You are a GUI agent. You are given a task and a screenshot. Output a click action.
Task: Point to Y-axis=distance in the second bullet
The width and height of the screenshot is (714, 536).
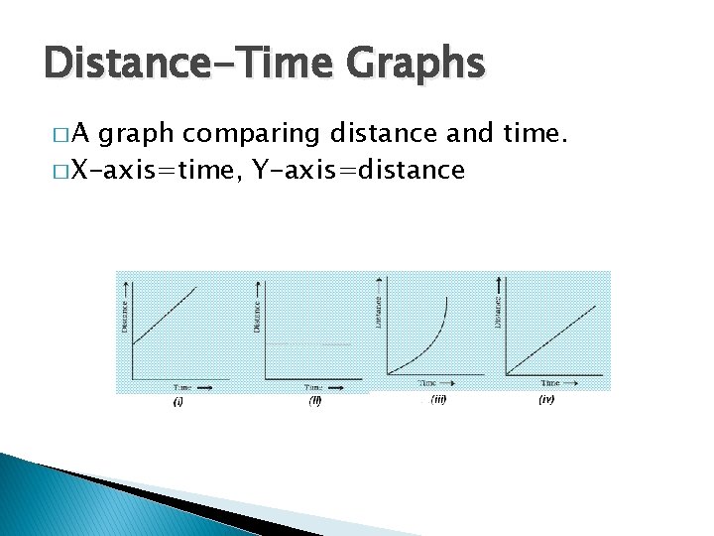pyautogui.click(x=359, y=171)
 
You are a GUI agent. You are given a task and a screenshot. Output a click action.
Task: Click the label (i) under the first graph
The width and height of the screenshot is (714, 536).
pyautogui.click(x=178, y=401)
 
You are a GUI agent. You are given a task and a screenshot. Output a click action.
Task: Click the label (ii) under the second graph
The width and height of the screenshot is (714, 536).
pyautogui.click(x=314, y=401)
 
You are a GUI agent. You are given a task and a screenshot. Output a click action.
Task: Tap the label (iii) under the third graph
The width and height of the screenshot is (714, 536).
pyautogui.click(x=437, y=399)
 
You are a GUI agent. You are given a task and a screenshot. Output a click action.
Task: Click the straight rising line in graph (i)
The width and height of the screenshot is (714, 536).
pyautogui.click(x=165, y=314)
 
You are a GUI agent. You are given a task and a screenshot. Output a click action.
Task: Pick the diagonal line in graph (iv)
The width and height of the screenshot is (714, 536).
pyautogui.click(x=551, y=339)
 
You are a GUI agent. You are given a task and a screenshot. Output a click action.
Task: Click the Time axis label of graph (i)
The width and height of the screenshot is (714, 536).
pyautogui.click(x=182, y=386)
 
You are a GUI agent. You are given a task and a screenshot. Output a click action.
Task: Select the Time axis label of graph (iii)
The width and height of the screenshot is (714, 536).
pyautogui.click(x=427, y=382)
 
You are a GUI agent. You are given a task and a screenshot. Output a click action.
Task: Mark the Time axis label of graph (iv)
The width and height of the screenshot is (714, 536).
pyautogui.click(x=549, y=382)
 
